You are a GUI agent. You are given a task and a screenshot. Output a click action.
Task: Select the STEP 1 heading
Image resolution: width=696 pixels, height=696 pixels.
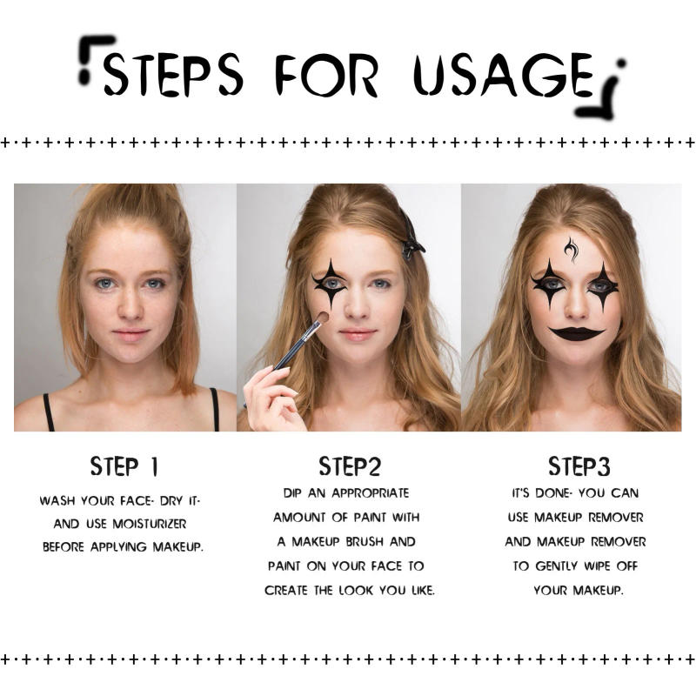(124, 466)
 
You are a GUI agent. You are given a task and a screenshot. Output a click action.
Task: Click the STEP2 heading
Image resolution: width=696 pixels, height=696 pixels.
(349, 466)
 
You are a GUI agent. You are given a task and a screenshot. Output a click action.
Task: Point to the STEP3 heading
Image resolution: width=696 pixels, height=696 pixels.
(579, 466)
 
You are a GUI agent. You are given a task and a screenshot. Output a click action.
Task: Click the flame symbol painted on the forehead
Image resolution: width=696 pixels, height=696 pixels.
(571, 250)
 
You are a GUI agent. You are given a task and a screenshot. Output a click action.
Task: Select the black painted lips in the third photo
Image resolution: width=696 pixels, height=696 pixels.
(576, 333)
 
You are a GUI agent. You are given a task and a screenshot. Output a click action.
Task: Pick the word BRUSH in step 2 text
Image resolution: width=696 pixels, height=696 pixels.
(398, 541)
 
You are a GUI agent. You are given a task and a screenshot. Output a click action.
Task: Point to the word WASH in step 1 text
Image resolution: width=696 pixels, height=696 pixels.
(57, 501)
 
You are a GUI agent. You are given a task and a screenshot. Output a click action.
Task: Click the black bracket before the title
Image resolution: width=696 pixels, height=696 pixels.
(95, 59)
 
